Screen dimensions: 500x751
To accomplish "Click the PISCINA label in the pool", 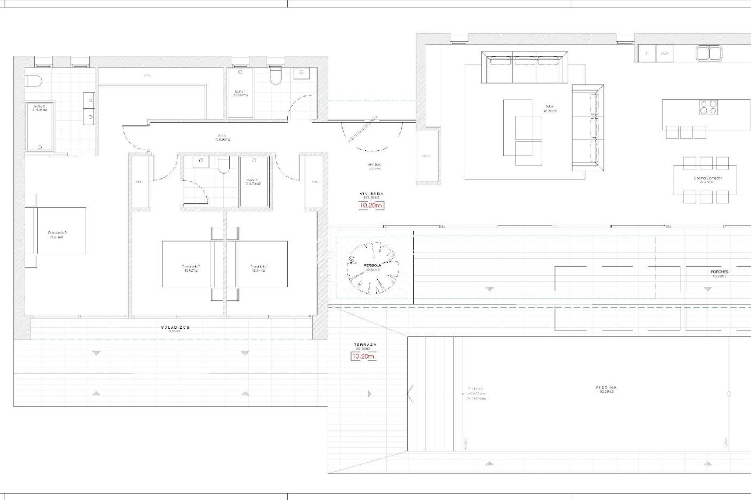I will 606,387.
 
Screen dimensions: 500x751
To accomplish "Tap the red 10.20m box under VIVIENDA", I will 371,206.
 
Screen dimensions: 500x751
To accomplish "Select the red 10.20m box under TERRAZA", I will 363,356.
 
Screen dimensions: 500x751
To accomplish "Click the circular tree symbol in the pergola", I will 373,269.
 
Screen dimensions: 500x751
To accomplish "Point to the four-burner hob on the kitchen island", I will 708,107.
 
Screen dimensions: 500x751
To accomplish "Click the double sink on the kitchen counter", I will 708,53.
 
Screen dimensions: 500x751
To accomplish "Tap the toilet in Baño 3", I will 34,81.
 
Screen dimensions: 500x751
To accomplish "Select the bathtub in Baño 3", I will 40,127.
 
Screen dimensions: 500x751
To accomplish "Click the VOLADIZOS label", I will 175,327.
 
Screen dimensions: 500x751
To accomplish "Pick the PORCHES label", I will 719,272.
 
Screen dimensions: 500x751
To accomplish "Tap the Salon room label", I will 549,107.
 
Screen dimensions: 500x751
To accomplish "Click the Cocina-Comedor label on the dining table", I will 707,178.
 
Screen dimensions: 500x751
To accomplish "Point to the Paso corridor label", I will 223,136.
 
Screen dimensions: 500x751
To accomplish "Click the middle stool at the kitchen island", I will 686,132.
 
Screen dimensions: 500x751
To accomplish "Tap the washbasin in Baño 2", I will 201,161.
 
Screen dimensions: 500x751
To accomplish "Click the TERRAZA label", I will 365,345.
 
